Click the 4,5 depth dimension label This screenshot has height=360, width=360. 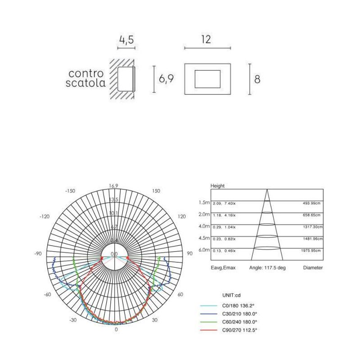[x=126, y=40]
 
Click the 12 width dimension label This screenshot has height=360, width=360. [x=206, y=40]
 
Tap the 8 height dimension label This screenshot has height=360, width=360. [x=257, y=79]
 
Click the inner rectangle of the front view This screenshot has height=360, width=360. [x=207, y=79]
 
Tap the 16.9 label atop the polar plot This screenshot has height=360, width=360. [x=113, y=186]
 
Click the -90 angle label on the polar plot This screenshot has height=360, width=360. [x=38, y=254]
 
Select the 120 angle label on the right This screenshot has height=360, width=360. [x=182, y=216]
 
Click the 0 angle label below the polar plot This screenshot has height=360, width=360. [x=116, y=329]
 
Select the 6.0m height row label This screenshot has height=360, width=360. [x=204, y=250]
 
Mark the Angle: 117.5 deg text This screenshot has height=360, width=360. [x=267, y=268]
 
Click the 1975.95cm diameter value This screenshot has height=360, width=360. [x=310, y=250]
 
